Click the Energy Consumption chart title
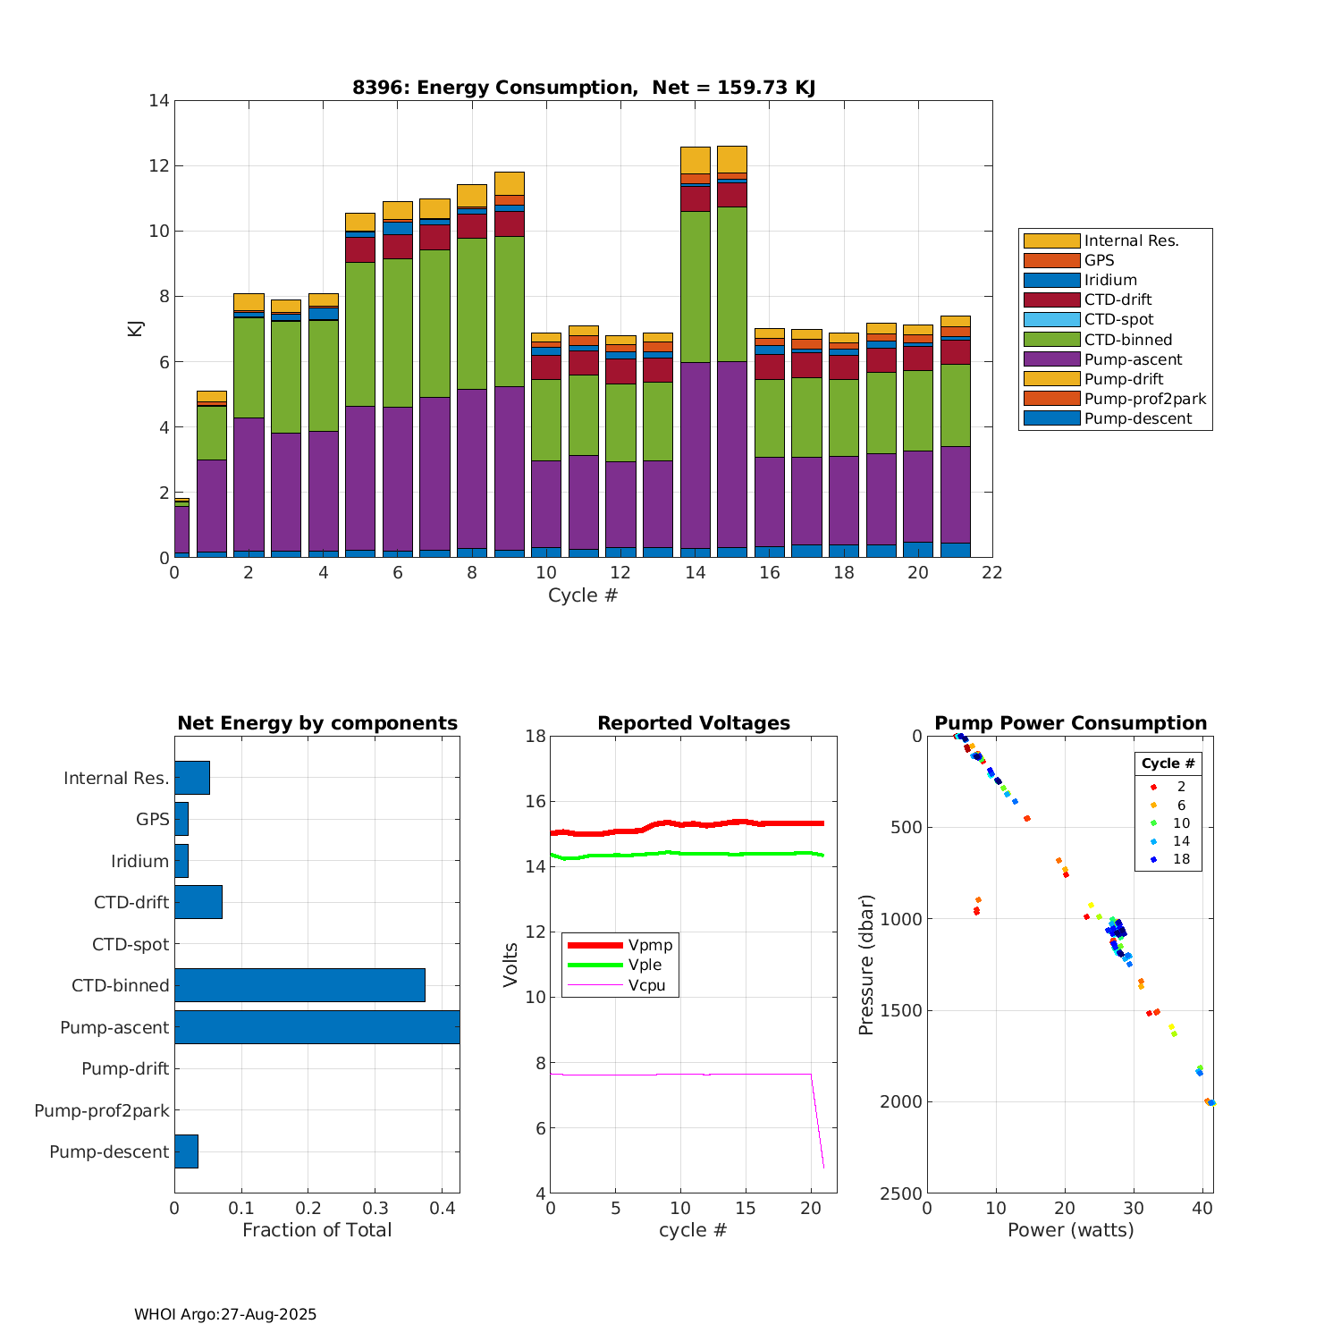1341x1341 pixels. (583, 88)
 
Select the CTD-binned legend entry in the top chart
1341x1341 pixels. (1127, 340)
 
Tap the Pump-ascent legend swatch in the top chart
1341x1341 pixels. (1051, 359)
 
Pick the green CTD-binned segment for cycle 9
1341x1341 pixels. (509, 311)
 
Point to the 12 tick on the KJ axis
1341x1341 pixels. (159, 166)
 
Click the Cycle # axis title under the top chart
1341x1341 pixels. (583, 595)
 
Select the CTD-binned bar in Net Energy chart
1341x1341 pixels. (299, 985)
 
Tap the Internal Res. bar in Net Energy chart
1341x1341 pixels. (192, 778)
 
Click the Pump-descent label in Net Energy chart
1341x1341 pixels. (109, 1151)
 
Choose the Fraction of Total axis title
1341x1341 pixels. (316, 1230)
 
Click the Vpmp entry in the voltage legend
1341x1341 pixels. (650, 946)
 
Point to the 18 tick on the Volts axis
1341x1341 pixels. (536, 737)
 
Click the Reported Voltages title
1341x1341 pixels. (694, 723)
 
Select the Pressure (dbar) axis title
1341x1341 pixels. (865, 965)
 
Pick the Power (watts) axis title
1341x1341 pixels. (1070, 1230)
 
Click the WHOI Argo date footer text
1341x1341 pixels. (225, 1314)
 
